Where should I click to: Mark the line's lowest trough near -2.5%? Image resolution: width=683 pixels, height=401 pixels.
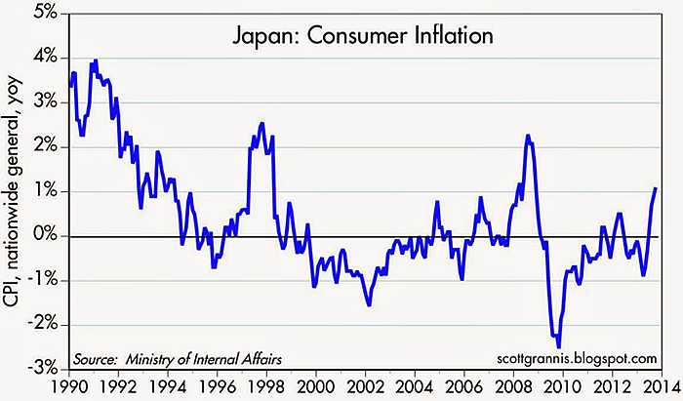[x=559, y=346]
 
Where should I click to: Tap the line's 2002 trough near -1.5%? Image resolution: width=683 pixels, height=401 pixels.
[x=369, y=305]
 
